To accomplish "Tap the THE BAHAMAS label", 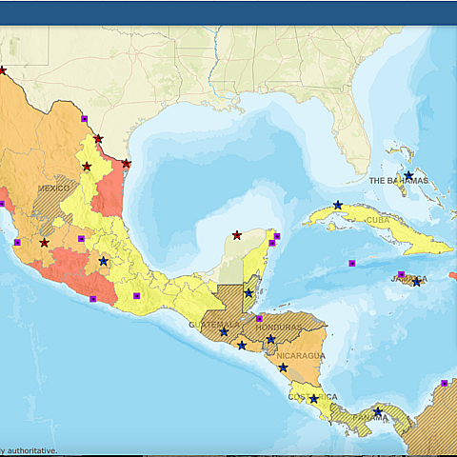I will pos(398,180).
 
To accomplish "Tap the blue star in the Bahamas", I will pos(408,175).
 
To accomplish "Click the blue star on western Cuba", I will pos(338,205).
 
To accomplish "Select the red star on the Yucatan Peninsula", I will pos(237,235).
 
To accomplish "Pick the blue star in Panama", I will pos(378,411).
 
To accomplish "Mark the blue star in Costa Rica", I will pos(314,399).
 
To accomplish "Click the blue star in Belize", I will pos(248,293).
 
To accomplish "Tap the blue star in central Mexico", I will pos(103,261).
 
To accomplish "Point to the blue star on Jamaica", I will pos(416,282).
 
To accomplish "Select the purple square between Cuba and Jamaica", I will pos(351,263).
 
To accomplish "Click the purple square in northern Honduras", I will pos(259,319).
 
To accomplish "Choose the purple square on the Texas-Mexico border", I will pos(84,119).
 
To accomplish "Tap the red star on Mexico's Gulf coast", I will pos(126,163).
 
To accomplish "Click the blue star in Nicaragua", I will pos(283,367).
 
